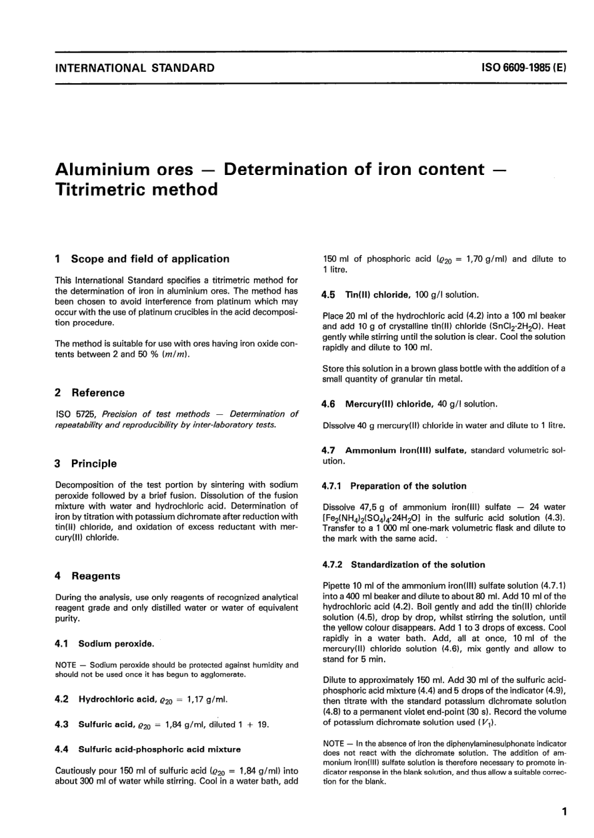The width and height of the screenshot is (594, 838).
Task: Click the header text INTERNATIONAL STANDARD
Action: [134, 67]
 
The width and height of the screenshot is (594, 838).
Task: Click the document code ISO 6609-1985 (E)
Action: [525, 67]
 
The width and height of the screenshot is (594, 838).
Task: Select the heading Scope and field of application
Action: [150, 259]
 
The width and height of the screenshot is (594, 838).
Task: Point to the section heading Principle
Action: [94, 464]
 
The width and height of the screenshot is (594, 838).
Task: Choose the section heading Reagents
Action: [96, 576]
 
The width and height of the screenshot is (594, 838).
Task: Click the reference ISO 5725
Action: [76, 414]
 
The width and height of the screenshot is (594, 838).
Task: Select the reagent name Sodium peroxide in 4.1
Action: [116, 644]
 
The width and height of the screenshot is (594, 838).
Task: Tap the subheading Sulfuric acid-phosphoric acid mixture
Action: [159, 749]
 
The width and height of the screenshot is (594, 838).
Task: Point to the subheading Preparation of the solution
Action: [408, 486]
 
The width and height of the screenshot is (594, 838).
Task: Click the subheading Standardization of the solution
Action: [418, 564]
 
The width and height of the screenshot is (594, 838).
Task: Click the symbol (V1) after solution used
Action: [486, 723]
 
